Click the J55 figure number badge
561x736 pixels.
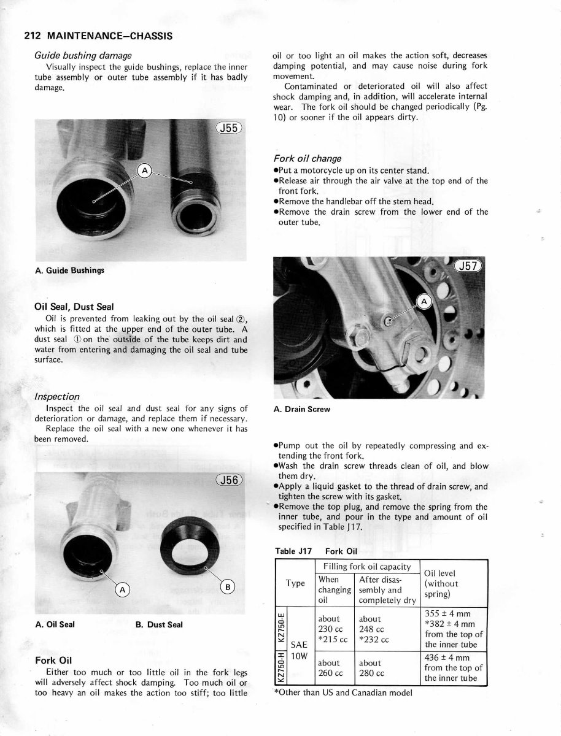point(230,128)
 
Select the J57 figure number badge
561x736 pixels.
point(470,266)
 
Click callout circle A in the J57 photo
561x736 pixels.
point(425,301)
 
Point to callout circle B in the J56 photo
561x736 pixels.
point(227,587)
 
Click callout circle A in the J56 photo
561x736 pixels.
point(123,590)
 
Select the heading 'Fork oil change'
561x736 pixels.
point(307,159)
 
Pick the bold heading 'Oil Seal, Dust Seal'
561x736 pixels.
point(74,307)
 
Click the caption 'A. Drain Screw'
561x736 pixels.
point(301,409)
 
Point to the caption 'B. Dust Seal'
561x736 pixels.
point(159,625)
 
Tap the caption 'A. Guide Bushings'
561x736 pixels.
point(69,270)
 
